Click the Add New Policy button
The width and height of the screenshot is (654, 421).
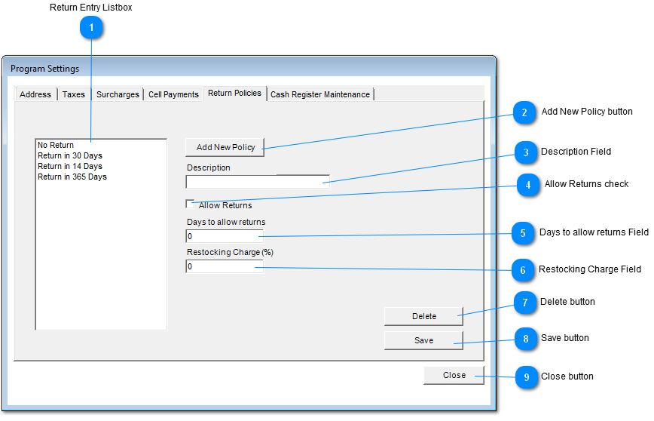(225, 147)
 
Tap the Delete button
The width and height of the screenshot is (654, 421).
(423, 317)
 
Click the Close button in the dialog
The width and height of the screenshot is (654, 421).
(454, 376)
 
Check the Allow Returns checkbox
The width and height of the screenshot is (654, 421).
(190, 204)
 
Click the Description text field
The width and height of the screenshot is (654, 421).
(258, 182)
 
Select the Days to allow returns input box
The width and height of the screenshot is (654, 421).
(225, 236)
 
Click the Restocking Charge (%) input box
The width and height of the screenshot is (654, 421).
(225, 266)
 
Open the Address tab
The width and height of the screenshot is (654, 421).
(35, 94)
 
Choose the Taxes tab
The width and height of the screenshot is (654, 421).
(74, 94)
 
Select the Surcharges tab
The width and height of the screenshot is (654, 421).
(118, 94)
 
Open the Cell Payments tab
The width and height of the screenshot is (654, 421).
(173, 94)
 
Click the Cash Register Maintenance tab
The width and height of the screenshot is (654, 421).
(320, 94)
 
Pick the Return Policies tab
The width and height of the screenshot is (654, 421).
(235, 93)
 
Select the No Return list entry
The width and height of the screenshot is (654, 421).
(56, 145)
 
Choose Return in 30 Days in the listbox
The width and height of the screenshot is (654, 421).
(70, 155)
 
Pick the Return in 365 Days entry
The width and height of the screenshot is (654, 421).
(72, 177)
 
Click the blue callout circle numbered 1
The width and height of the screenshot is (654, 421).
(91, 28)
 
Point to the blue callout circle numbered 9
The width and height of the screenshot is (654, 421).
(527, 377)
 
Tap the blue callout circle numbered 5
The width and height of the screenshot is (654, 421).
(523, 233)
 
